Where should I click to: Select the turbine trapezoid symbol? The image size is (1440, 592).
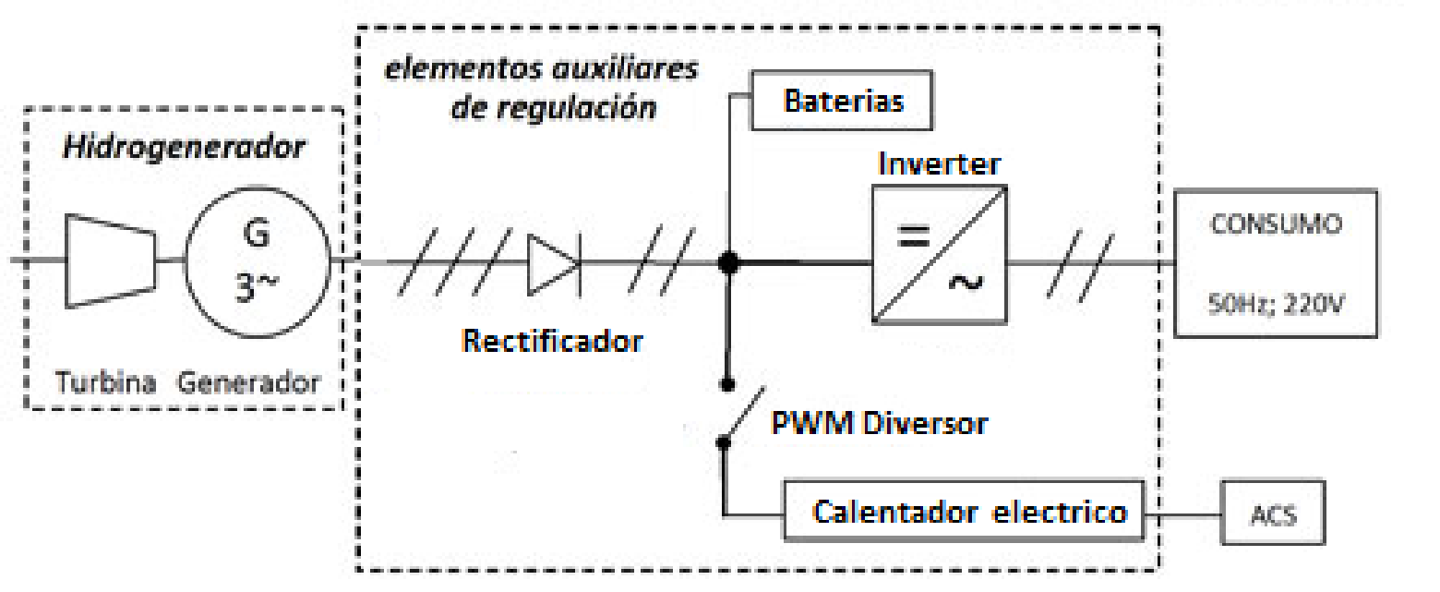point(112,260)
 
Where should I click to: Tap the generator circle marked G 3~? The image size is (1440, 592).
point(258,260)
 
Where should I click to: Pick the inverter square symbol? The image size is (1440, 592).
point(939,255)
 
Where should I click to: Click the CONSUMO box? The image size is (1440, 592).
point(1275,262)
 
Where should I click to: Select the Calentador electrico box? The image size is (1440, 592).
point(965,511)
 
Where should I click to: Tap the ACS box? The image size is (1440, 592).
point(1273,513)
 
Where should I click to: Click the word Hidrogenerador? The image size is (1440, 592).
point(183,148)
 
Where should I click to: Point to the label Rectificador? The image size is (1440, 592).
point(552,341)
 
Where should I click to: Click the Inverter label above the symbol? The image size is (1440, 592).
point(939,164)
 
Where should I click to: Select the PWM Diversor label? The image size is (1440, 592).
point(880,424)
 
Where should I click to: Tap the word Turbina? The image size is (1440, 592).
point(104,382)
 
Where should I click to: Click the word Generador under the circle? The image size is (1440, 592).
point(249,382)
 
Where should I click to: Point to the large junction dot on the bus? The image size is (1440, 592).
point(729,263)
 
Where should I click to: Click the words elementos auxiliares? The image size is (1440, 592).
point(540,70)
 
